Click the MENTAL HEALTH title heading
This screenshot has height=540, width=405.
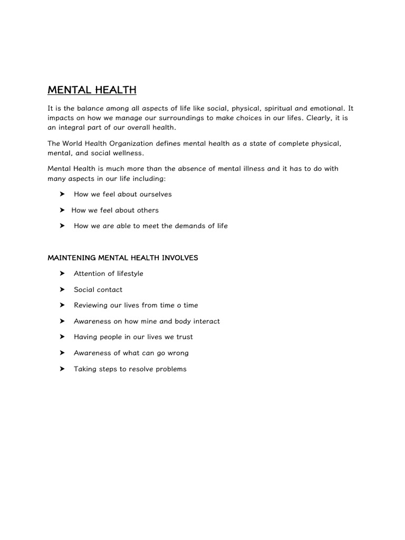[92, 90]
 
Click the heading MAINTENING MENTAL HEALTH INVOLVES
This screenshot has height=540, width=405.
[123, 258]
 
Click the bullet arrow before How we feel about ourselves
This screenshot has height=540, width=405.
[62, 194]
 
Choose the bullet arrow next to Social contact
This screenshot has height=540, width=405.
[62, 290]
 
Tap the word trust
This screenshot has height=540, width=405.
[184, 337]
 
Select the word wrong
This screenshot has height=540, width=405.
[178, 353]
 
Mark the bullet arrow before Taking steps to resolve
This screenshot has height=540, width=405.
[62, 369]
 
